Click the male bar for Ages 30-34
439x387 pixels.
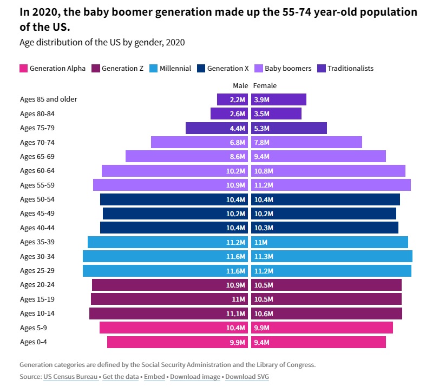(x=165, y=256)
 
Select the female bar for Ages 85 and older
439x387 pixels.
(x=279, y=99)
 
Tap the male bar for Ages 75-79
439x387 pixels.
(x=217, y=128)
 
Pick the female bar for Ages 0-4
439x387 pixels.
(x=318, y=342)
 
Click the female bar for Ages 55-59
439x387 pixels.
(x=331, y=185)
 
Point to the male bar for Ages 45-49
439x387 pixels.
(x=175, y=213)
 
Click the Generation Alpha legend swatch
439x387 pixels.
(x=23, y=69)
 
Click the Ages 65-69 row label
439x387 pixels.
(x=37, y=157)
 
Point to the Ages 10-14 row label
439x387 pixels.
(x=37, y=313)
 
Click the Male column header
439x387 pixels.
(x=240, y=85)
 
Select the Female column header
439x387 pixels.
(x=265, y=85)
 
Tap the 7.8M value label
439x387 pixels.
(x=261, y=143)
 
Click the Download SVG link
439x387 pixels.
(x=247, y=377)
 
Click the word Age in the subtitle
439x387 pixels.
(x=26, y=42)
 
